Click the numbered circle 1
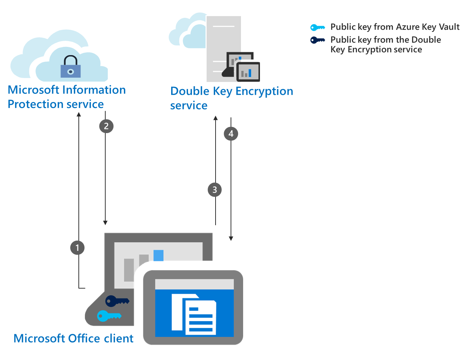77,248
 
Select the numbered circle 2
106,126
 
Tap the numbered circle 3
214,190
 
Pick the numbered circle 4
231,134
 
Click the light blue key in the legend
317,27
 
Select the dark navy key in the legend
317,40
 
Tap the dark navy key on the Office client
117,301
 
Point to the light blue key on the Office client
109,316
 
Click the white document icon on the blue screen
194,314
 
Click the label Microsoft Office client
73,339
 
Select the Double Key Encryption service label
231,98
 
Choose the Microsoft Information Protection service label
67,97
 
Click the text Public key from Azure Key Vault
395,27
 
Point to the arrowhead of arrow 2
105,223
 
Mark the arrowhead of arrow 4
231,238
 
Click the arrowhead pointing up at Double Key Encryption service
216,118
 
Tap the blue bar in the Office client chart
158,256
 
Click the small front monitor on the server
248,72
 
